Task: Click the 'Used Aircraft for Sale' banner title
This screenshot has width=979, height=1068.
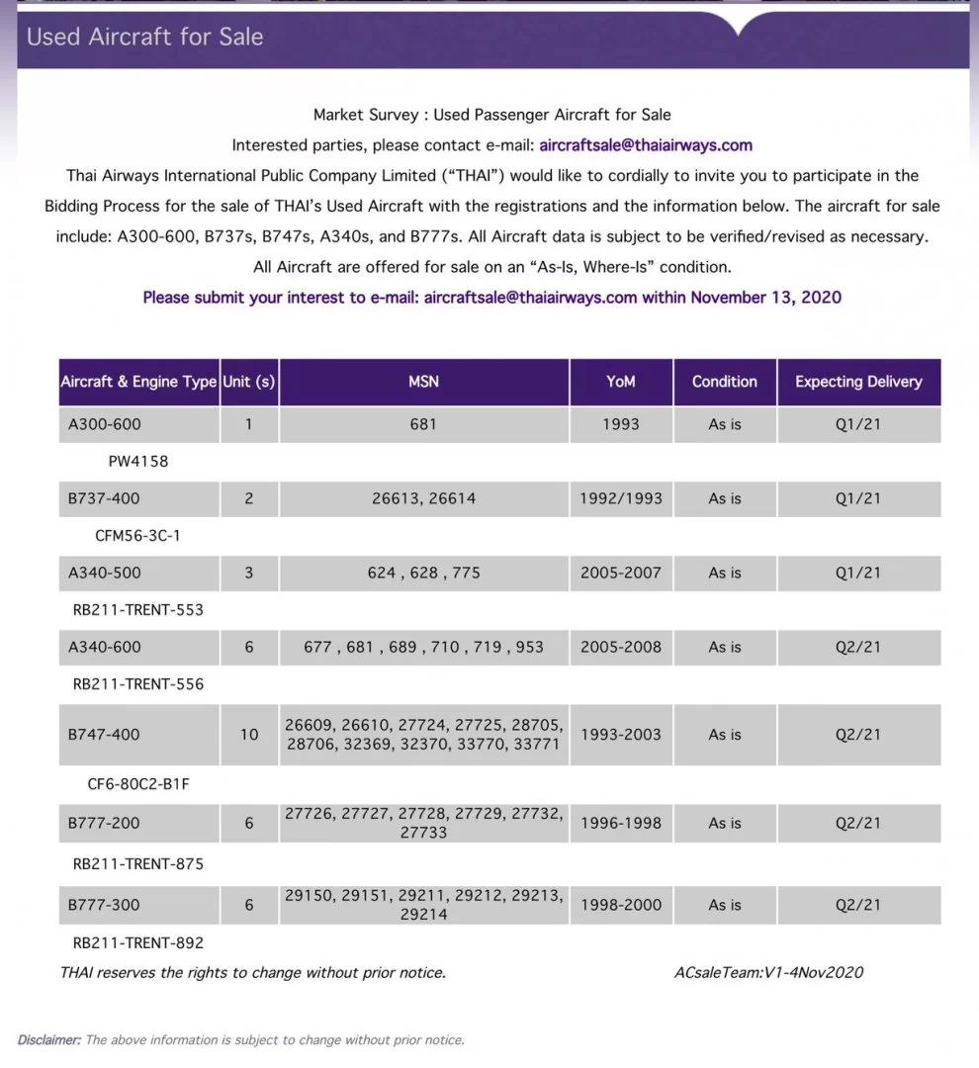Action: point(144,38)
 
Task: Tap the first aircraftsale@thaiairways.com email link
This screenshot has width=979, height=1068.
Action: point(646,145)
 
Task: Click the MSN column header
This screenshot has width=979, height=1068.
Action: point(423,382)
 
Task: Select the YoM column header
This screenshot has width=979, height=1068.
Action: point(621,382)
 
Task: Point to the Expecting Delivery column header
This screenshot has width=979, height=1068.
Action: point(858,382)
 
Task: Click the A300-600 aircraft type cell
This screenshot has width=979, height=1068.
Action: point(105,424)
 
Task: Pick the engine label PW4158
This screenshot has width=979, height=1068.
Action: point(137,461)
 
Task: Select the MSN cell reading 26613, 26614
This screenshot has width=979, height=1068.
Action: point(423,498)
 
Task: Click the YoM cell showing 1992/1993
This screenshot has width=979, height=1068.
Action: point(621,498)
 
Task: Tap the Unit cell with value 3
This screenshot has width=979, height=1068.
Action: point(248,573)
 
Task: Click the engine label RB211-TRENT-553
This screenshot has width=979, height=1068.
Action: point(137,610)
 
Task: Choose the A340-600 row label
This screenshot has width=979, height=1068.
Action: point(105,647)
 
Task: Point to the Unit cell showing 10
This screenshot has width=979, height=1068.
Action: point(248,735)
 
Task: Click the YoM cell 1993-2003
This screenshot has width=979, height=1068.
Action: point(621,735)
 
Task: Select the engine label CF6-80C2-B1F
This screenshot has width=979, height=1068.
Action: point(137,784)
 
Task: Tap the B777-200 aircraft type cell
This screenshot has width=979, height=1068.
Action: point(105,823)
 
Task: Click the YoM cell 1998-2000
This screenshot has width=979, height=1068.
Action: point(621,905)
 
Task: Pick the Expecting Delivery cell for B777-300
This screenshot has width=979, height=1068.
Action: point(858,905)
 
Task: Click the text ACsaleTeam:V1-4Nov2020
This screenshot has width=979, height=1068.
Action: point(768,972)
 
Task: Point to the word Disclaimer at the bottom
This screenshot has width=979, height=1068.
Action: point(49,1039)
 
